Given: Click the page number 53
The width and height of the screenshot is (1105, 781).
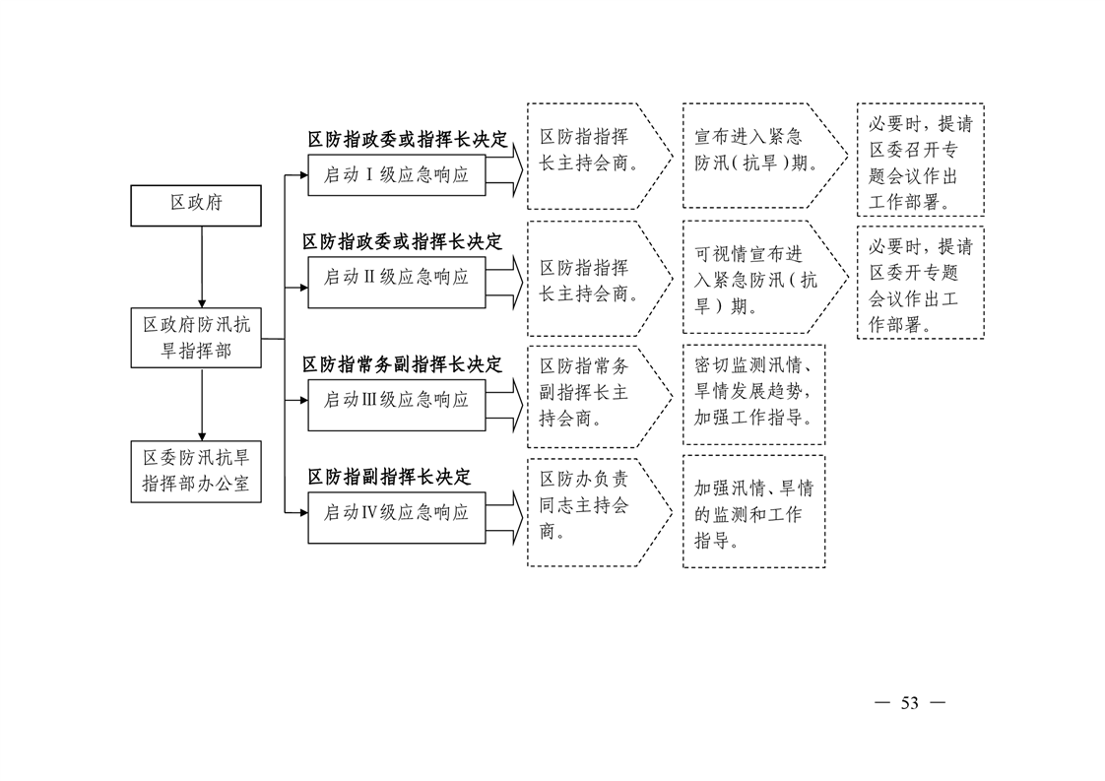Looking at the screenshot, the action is point(910,703).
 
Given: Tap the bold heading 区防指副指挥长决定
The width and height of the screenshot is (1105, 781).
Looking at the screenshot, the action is point(389,478).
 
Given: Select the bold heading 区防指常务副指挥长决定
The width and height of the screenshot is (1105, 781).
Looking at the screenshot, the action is point(403,364).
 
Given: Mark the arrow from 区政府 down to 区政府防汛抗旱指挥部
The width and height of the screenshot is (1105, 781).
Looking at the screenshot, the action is point(202,267).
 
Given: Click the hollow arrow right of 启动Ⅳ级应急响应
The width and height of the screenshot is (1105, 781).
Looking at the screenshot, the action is point(504,517).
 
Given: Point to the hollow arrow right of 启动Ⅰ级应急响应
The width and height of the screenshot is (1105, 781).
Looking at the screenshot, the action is point(504,170).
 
